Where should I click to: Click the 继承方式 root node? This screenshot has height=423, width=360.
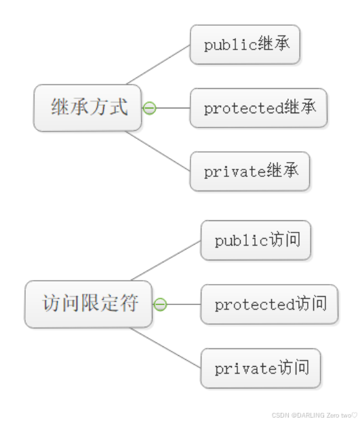pyautogui.click(x=88, y=107)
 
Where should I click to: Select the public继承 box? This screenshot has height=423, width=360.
pyautogui.click(x=245, y=45)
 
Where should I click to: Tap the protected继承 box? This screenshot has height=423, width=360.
pyautogui.click(x=258, y=108)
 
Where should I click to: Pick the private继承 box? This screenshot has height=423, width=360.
pyautogui.click(x=249, y=171)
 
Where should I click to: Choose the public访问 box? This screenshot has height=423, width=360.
pyautogui.click(x=256, y=240)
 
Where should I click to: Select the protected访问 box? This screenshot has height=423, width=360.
pyautogui.click(x=269, y=304)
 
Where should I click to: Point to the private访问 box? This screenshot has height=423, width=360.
pyautogui.click(x=260, y=368)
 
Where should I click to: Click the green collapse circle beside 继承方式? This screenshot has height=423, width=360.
pyautogui.click(x=149, y=108)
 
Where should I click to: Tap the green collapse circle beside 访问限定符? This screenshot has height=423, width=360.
pyautogui.click(x=160, y=304)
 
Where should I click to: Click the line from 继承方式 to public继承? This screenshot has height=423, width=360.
pyautogui.click(x=158, y=64)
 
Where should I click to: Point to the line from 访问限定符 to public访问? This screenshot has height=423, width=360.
pyautogui.click(x=166, y=260)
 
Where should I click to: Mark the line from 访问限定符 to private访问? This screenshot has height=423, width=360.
pyautogui.click(x=166, y=348)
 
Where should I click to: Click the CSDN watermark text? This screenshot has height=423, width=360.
pyautogui.click(x=314, y=414)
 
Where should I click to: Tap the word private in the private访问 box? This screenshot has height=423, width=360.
pyautogui.click(x=246, y=369)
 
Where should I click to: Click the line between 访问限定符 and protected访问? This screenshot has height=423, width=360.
pyautogui.click(x=183, y=304)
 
